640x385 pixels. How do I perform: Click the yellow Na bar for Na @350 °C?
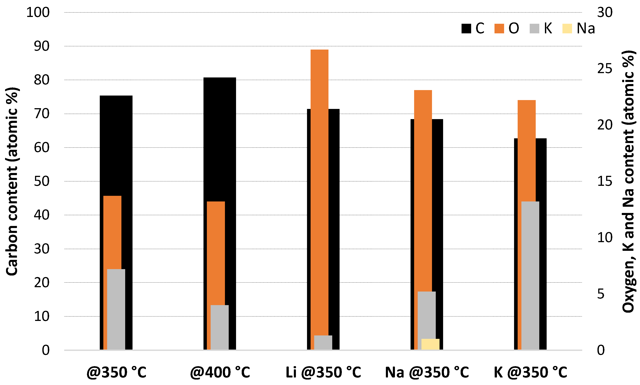(430, 344)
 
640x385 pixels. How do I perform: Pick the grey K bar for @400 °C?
(219, 327)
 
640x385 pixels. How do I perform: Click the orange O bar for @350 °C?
(112, 233)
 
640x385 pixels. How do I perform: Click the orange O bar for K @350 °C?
(526, 150)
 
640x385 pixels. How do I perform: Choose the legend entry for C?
(473, 28)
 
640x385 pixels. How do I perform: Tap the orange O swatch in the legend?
(499, 28)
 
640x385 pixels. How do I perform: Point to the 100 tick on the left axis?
(38, 12)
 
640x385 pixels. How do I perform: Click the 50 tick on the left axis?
(41, 181)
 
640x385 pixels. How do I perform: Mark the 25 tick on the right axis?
(604, 69)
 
